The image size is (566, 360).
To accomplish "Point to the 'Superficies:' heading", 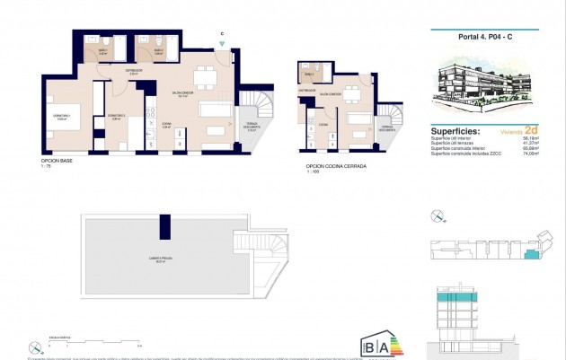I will (455, 129).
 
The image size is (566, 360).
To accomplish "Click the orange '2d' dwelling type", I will (531, 129).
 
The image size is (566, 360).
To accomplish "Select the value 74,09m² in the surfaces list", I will (531, 154).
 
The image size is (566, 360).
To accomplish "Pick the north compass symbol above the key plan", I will (438, 215).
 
